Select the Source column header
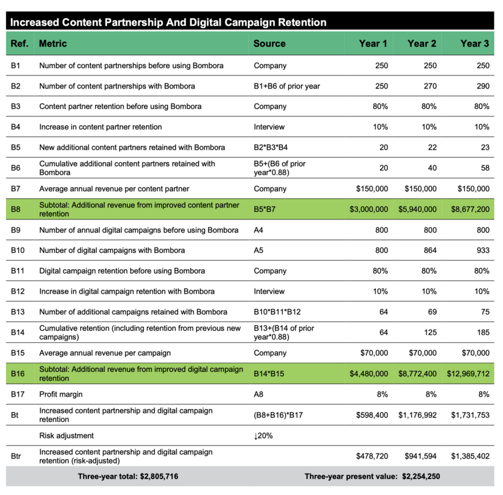pyautogui.click(x=269, y=43)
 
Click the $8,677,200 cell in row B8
pyautogui.click(x=470, y=209)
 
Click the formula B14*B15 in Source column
pyautogui.click(x=271, y=373)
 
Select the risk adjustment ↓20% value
pyautogui.click(x=263, y=436)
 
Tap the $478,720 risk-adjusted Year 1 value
pyautogui.click(x=372, y=455)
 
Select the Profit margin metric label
pyautogui.click(x=61, y=394)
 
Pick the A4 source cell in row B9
pyautogui.click(x=258, y=230)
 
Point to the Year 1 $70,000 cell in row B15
pyautogui.click(x=374, y=353)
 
